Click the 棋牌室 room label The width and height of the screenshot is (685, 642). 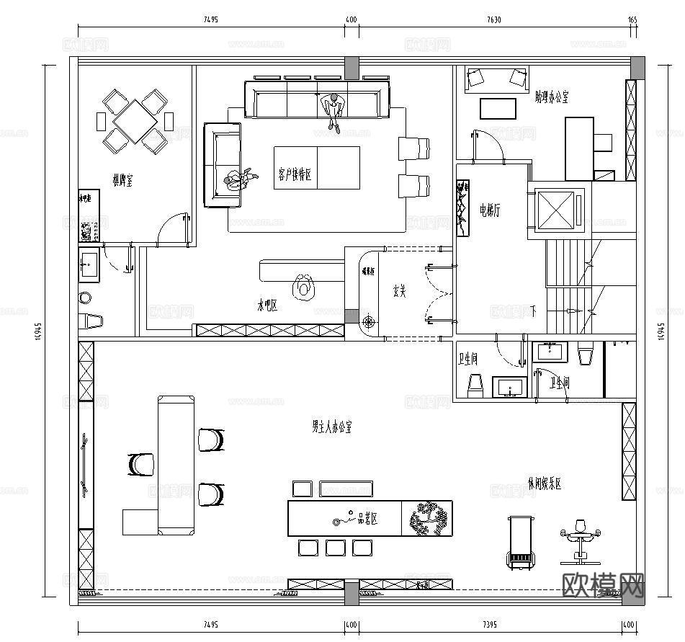click(x=120, y=180)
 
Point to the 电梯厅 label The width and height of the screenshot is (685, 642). click(x=490, y=210)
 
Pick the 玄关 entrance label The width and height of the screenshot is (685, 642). click(x=400, y=292)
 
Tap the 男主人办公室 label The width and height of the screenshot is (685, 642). click(x=331, y=427)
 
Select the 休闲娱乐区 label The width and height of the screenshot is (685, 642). click(x=544, y=484)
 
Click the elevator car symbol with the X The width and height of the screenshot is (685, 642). click(x=558, y=211)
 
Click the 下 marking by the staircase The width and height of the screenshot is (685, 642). click(x=533, y=311)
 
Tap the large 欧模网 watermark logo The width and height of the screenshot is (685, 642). click(x=601, y=586)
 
